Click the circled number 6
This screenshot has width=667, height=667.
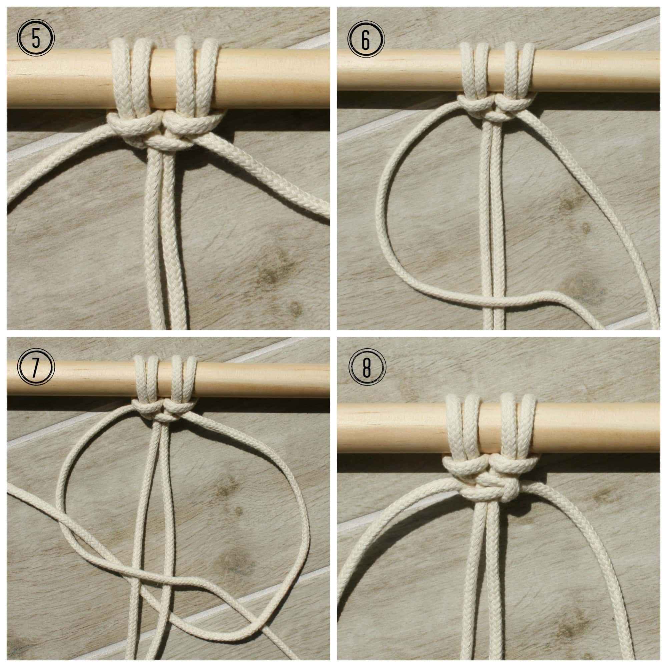point(366,38)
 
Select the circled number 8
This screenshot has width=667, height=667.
point(367,367)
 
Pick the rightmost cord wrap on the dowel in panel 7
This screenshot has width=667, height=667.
point(190,380)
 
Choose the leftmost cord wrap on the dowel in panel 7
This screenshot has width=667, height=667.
point(139,380)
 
